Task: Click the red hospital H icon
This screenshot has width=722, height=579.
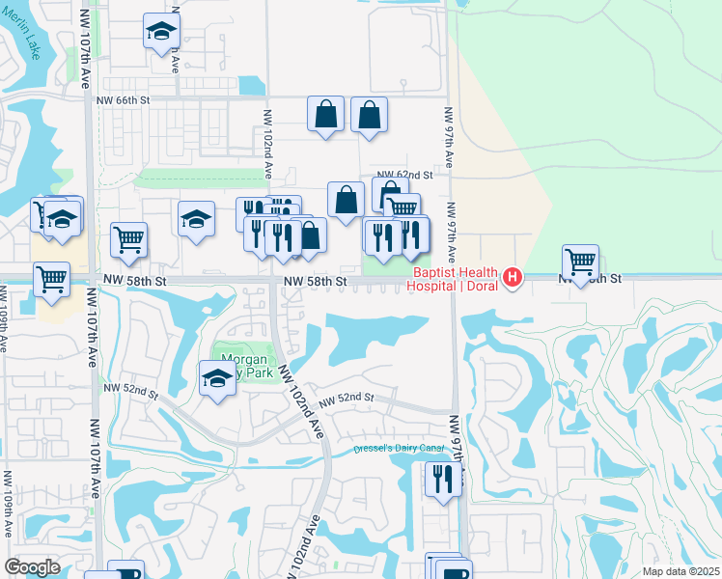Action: coord(513,279)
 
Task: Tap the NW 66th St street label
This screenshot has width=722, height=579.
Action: coord(124,99)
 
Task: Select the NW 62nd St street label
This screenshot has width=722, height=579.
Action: coord(404,175)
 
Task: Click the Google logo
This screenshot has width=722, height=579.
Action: coord(32,567)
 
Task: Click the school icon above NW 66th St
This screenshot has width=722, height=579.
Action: coord(161,32)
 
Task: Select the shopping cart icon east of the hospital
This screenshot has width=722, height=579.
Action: coord(580,262)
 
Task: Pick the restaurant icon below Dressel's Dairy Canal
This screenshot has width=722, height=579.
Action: coord(443,480)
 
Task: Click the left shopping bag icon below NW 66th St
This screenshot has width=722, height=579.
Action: coord(326,114)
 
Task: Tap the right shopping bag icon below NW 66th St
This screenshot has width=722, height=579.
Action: coord(370,114)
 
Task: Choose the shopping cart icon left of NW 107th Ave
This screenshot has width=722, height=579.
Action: coord(51,279)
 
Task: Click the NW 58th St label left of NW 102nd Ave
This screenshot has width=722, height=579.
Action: coord(136,281)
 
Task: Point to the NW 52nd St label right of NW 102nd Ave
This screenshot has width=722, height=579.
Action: coord(346,398)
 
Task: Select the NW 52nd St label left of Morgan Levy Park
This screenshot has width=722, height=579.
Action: coord(130,389)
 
